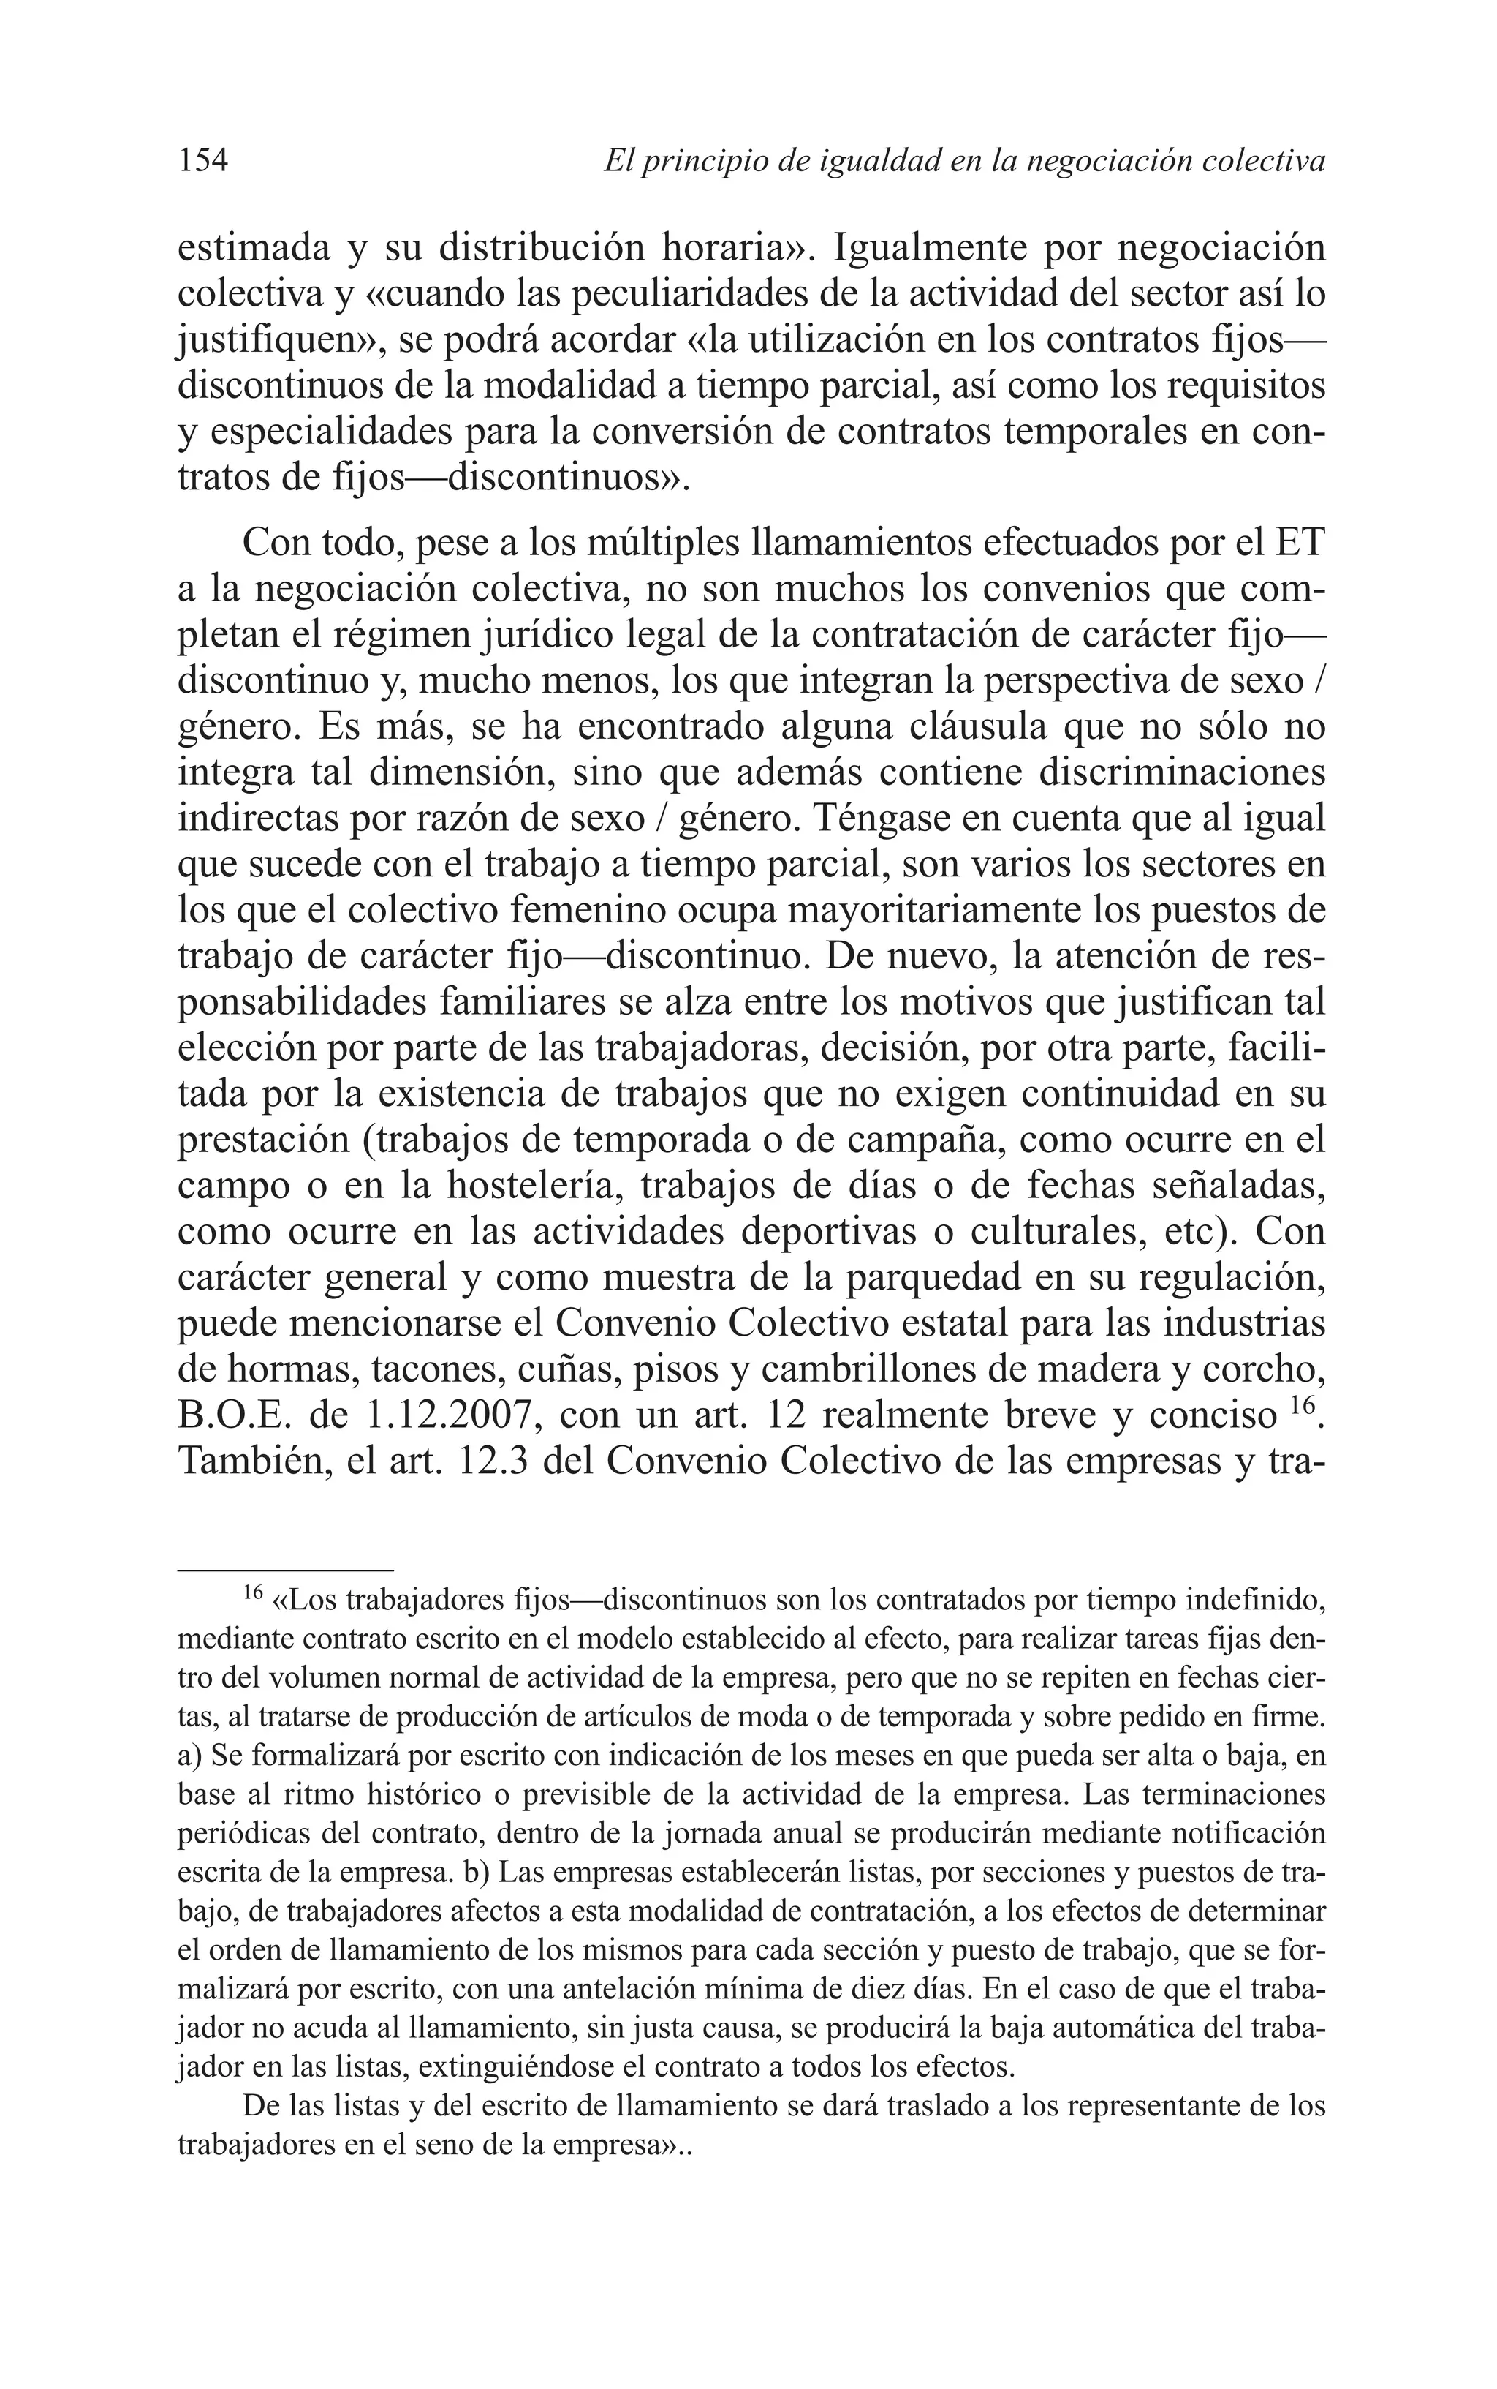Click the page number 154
[203, 160]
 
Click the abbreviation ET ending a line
[1298, 543]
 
